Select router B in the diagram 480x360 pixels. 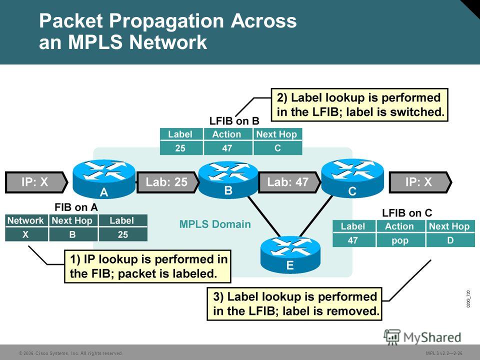(228, 179)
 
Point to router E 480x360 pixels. (290, 254)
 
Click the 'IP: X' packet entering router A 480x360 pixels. (36, 182)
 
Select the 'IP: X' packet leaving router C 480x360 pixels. (420, 182)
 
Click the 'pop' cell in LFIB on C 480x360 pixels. (400, 240)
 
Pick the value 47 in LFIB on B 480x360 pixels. (227, 148)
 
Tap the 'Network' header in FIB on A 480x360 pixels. (26, 220)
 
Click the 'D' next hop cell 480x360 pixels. (450, 240)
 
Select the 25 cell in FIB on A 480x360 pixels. (123, 234)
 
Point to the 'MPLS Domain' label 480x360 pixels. (215, 224)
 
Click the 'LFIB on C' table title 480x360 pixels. (407, 213)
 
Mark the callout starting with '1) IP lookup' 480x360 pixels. (147, 266)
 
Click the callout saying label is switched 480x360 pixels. (359, 105)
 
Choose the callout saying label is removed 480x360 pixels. (294, 303)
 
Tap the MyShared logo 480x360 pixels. (422, 337)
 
